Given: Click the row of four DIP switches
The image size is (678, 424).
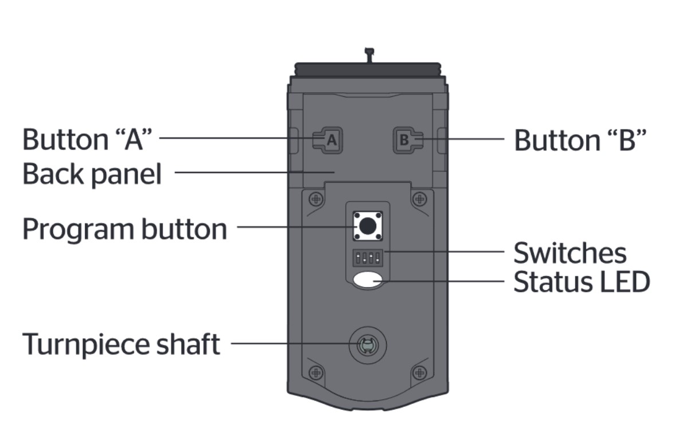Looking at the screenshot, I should (368, 258).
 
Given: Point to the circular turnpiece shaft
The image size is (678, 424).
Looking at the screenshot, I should (365, 345).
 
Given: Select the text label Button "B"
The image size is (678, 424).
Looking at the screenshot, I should (580, 140).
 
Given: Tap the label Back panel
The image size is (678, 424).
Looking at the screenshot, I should (92, 174).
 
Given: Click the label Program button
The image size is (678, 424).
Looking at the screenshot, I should (124, 229).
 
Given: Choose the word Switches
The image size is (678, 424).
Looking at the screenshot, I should (570, 253).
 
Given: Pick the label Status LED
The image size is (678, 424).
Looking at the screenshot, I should (581, 282).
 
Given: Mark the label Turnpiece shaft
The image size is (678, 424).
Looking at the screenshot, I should (121, 345).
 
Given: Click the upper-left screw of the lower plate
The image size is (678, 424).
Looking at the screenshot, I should (315, 199).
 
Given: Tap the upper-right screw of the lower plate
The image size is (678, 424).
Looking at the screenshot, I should (420, 199).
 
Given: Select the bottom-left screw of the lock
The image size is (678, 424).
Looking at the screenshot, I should (315, 372).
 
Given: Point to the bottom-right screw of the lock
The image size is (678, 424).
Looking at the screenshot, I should (420, 372).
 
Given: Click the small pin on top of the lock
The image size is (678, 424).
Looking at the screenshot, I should (369, 55).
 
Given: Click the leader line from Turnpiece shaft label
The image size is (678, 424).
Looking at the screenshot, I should (293, 344).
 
